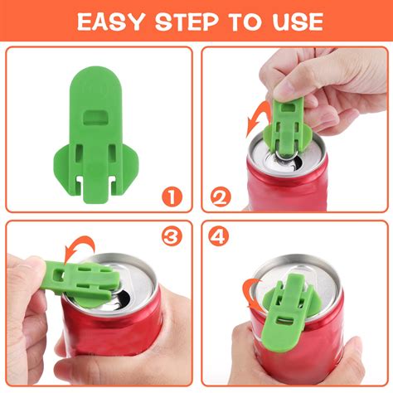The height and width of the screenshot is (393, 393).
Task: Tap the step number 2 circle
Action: tap(220, 196)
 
